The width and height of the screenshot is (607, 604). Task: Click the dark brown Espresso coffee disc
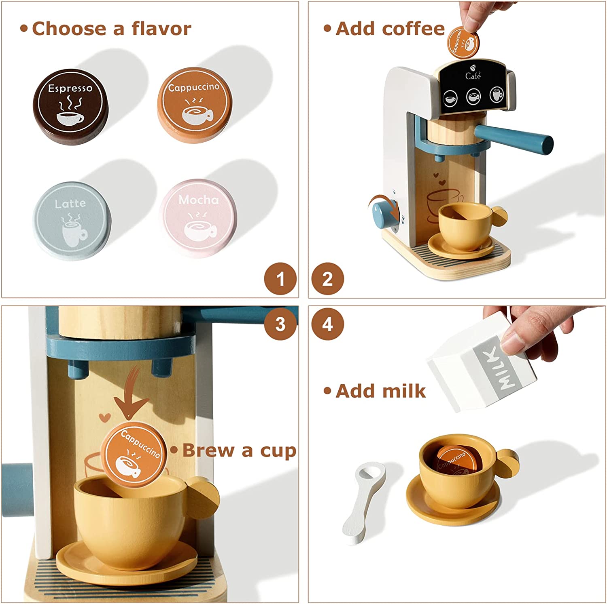tap(70, 107)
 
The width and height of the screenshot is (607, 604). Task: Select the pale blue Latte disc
tap(72, 221)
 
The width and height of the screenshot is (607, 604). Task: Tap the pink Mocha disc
tap(198, 219)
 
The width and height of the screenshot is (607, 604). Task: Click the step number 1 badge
tap(280, 279)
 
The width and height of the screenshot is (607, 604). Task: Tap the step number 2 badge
tap(327, 279)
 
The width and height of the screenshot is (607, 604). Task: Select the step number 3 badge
tap(280, 324)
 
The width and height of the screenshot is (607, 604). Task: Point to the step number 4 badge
tap(327, 324)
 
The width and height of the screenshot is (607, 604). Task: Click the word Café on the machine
tap(473, 76)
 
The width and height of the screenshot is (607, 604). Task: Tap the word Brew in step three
tap(208, 450)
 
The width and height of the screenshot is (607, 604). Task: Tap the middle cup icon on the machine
tap(473, 97)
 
